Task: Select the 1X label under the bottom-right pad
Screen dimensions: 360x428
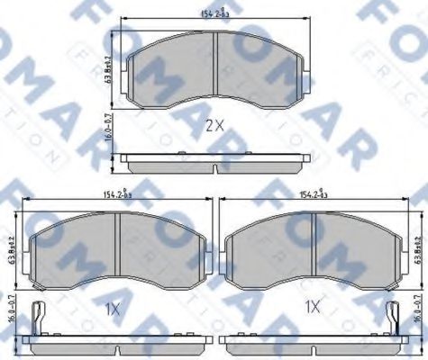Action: click(x=313, y=307)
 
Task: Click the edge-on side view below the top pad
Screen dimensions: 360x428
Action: click(x=214, y=163)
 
